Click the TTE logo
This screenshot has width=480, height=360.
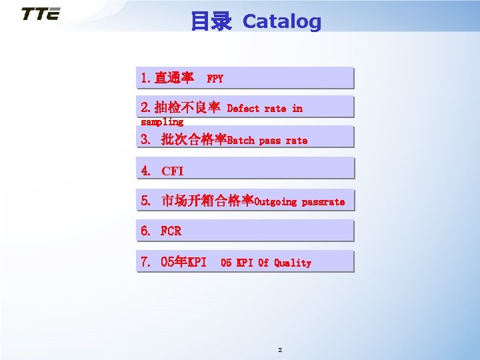40,14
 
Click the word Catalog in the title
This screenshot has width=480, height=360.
281,21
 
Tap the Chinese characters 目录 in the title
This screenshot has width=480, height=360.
211,21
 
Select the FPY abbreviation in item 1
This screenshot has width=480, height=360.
215,79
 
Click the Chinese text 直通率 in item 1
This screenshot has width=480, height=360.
174,78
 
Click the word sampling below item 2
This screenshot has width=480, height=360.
162,122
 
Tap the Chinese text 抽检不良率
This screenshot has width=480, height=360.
187,107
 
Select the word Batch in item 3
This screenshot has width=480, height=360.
241,140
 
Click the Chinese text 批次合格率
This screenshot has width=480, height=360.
194,139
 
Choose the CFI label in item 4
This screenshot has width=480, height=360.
173,171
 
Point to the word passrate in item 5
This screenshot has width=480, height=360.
323,201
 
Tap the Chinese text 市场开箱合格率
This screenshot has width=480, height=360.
207,201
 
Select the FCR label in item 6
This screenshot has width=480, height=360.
171,231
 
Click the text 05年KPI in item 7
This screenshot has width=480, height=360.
184,262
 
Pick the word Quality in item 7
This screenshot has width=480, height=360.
293,263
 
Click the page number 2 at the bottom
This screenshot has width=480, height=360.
280,350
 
